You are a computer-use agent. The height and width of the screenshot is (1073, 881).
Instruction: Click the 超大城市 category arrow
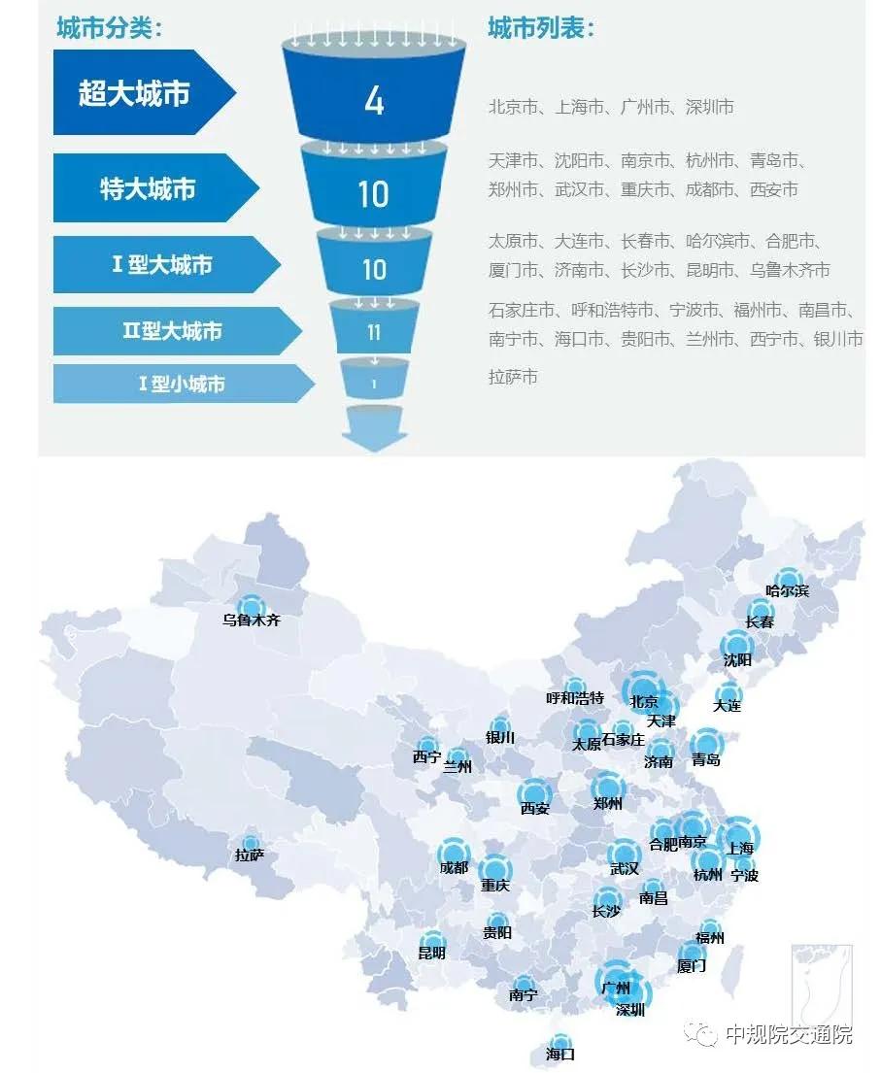pos(136,93)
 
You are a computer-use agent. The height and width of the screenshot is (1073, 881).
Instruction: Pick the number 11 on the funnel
pos(374,333)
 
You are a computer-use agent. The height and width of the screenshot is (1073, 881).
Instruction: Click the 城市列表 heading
pos(540,28)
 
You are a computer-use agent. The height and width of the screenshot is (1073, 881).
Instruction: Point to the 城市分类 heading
pos(107,28)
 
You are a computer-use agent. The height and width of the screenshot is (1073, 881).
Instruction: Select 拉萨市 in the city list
pos(513,377)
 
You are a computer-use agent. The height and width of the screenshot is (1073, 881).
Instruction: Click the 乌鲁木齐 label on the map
pos(251,620)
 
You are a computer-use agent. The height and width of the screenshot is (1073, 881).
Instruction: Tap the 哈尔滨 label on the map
pos(787,590)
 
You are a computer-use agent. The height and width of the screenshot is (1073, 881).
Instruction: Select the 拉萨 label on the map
pos(250,855)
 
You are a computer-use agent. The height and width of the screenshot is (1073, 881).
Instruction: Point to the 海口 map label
pos(560,1054)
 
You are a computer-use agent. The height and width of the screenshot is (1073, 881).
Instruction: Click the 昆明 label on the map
pos(432,953)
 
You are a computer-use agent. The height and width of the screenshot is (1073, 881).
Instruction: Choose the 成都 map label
pos(454,868)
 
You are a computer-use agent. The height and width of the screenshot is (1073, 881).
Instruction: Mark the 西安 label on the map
pos(534,808)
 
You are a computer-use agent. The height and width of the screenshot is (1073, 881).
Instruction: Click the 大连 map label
pos(727,706)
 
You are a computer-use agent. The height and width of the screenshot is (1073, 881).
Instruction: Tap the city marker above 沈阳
pos(737,644)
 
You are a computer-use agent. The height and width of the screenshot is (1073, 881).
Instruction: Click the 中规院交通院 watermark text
pos(789,1034)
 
